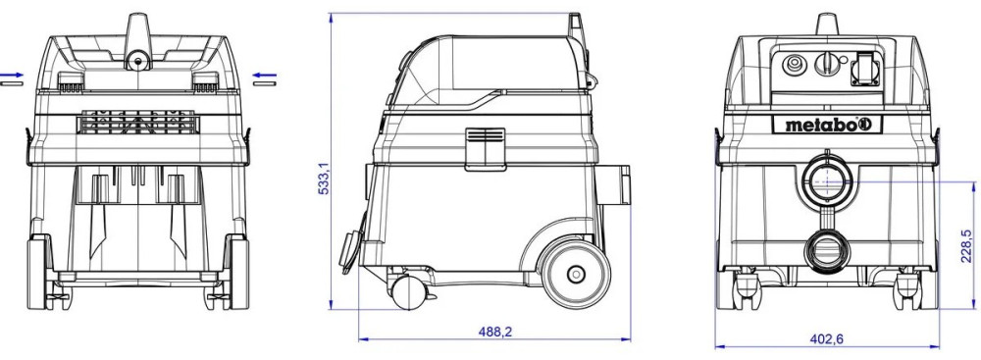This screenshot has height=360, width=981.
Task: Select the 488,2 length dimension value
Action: coord(494,332)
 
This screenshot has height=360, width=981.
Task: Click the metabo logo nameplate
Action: coord(826,125)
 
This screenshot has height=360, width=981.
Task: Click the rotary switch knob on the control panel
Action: coord(825,65)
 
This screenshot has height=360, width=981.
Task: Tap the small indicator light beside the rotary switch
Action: coord(844,61)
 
